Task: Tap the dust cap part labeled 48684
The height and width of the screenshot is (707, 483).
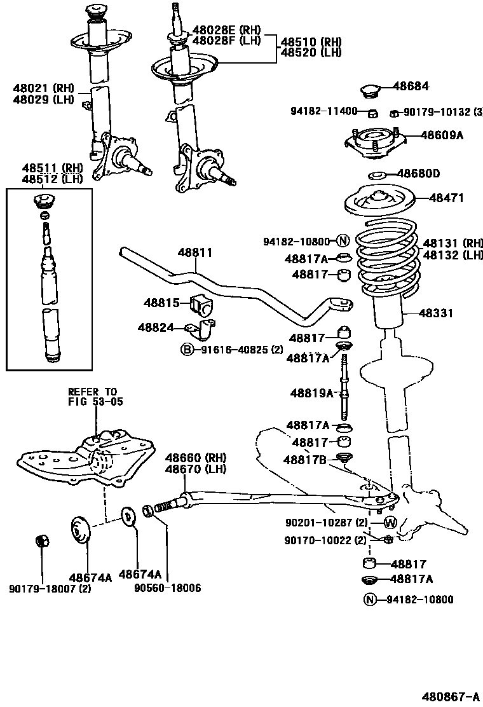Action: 370,91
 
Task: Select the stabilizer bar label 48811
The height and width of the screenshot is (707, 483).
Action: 195,252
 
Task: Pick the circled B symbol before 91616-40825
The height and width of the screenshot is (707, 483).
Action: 187,349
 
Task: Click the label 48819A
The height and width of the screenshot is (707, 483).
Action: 310,393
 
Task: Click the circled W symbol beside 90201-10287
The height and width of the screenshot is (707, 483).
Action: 390,523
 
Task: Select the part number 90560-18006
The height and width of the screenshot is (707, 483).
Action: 167,588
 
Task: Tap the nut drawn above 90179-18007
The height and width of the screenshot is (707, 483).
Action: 43,542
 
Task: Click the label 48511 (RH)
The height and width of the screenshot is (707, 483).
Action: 53,168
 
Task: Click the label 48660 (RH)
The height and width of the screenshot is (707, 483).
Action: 196,458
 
